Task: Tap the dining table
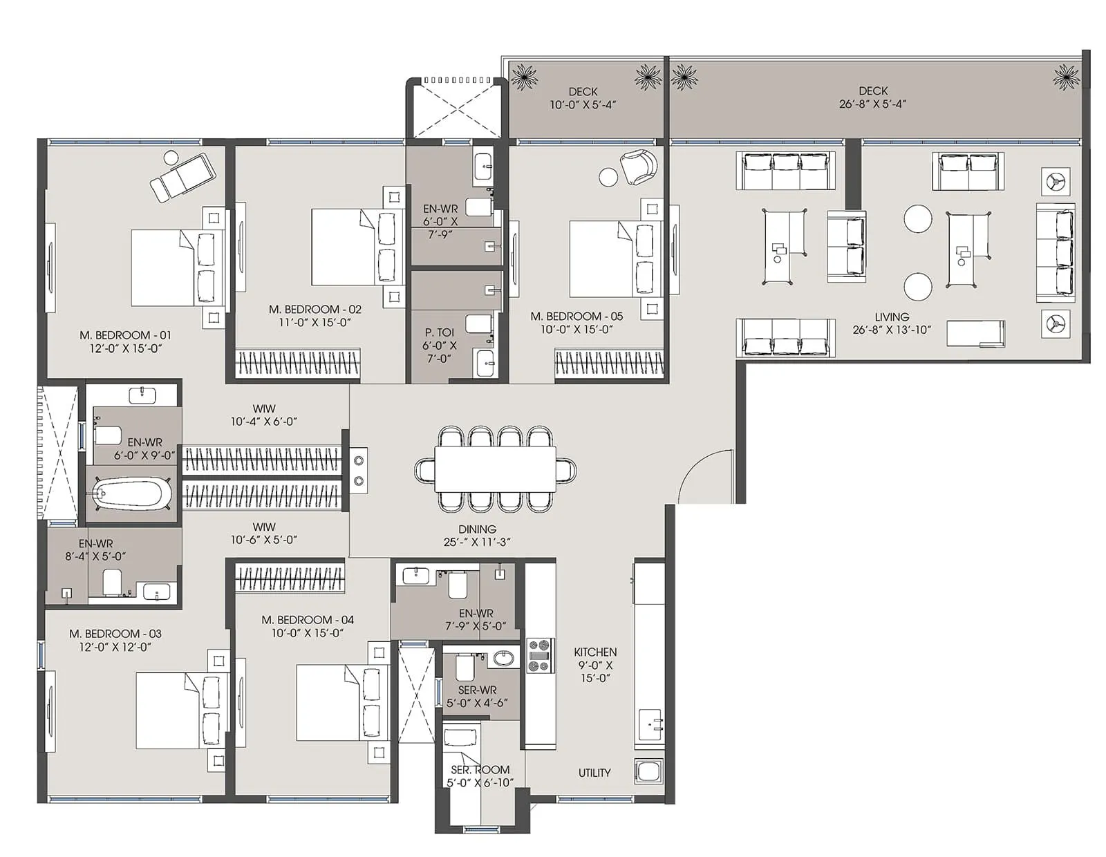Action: (x=495, y=469)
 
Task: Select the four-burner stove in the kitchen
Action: (x=540, y=656)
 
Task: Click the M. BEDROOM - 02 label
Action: (x=315, y=310)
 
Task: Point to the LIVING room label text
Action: (x=891, y=317)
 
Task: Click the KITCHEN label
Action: (x=595, y=652)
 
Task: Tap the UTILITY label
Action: (x=594, y=773)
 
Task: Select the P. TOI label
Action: (x=440, y=332)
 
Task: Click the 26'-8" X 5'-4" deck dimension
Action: (x=872, y=104)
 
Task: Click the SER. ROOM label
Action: (x=480, y=770)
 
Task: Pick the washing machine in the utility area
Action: (x=649, y=772)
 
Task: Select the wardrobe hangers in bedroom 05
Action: (x=608, y=363)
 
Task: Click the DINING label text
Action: (x=477, y=529)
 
